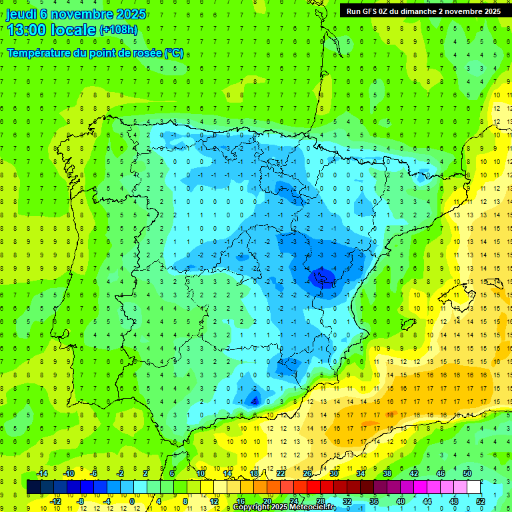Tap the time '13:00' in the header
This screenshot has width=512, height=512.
(29, 30)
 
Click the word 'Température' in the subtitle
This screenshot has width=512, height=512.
(41, 53)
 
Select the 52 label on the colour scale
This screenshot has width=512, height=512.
(480, 501)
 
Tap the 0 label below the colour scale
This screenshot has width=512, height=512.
(132, 501)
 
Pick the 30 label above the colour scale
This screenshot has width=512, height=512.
(334, 473)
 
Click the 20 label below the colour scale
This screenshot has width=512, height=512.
(267, 501)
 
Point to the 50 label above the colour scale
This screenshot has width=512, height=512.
(467, 473)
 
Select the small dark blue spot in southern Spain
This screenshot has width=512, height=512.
(254, 400)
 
